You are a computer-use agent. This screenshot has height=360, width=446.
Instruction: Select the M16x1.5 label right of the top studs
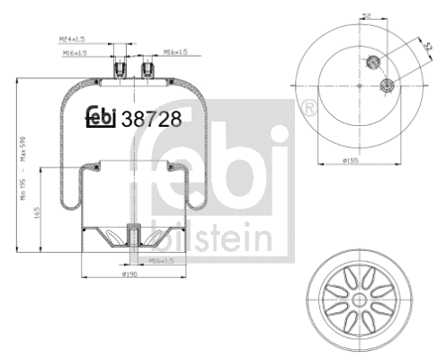[x=176, y=52]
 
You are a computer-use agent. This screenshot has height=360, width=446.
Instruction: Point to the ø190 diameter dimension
[x=129, y=274]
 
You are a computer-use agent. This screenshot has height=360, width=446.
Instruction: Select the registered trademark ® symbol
[x=310, y=108]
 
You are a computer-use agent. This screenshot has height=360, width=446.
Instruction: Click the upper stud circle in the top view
[x=371, y=61]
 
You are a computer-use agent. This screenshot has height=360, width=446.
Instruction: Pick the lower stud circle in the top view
[x=386, y=86]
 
